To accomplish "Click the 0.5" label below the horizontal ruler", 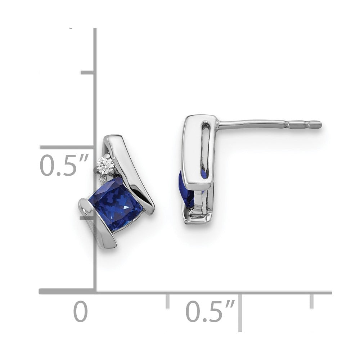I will tap(210, 312).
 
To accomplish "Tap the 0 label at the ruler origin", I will tap(81, 312).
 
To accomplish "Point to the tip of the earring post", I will tap(319, 125).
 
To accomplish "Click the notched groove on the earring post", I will tap(288, 125).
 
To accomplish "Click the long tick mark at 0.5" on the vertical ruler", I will tap(67, 147).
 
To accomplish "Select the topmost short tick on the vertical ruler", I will tap(87, 72).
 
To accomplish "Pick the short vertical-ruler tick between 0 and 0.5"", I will tap(87, 218).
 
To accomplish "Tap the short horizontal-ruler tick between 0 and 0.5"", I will tap(167, 301).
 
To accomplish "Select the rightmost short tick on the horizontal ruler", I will tap(311, 301).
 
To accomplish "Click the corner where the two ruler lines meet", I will tap(95, 292).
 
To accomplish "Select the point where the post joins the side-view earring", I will tap(218, 125).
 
